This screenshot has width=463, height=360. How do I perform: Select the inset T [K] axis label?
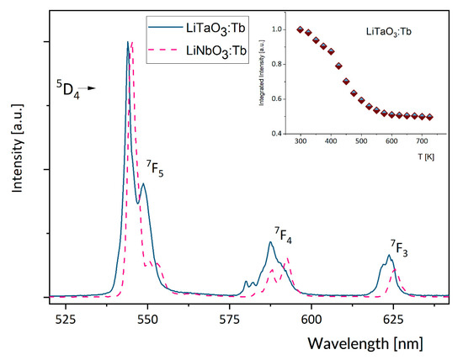pyautogui.click(x=428, y=156)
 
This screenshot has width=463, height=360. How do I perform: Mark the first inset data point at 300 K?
pyautogui.click(x=301, y=29)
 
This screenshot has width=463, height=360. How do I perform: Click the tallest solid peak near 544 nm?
pyautogui.click(x=128, y=42)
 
